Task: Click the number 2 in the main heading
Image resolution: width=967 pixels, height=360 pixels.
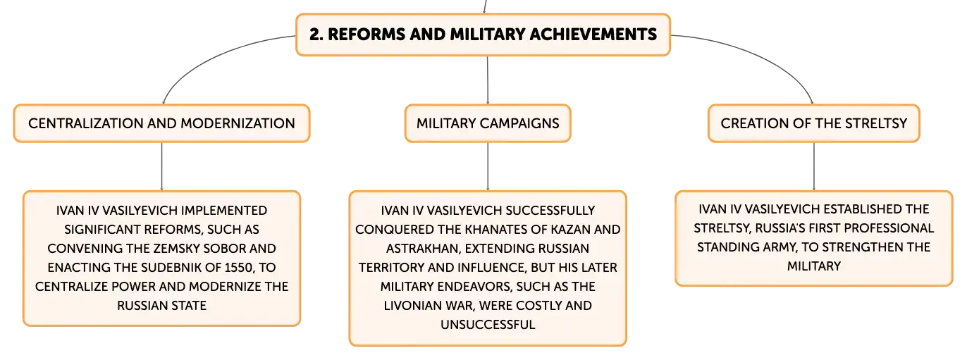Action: pos(316,35)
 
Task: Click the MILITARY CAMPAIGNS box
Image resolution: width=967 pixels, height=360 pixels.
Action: pos(488,123)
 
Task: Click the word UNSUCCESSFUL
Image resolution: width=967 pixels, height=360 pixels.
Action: pos(488,325)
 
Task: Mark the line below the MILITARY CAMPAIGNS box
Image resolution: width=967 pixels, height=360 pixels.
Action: pos(488,166)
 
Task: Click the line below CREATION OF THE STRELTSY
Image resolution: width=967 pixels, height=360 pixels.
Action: pos(814,166)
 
